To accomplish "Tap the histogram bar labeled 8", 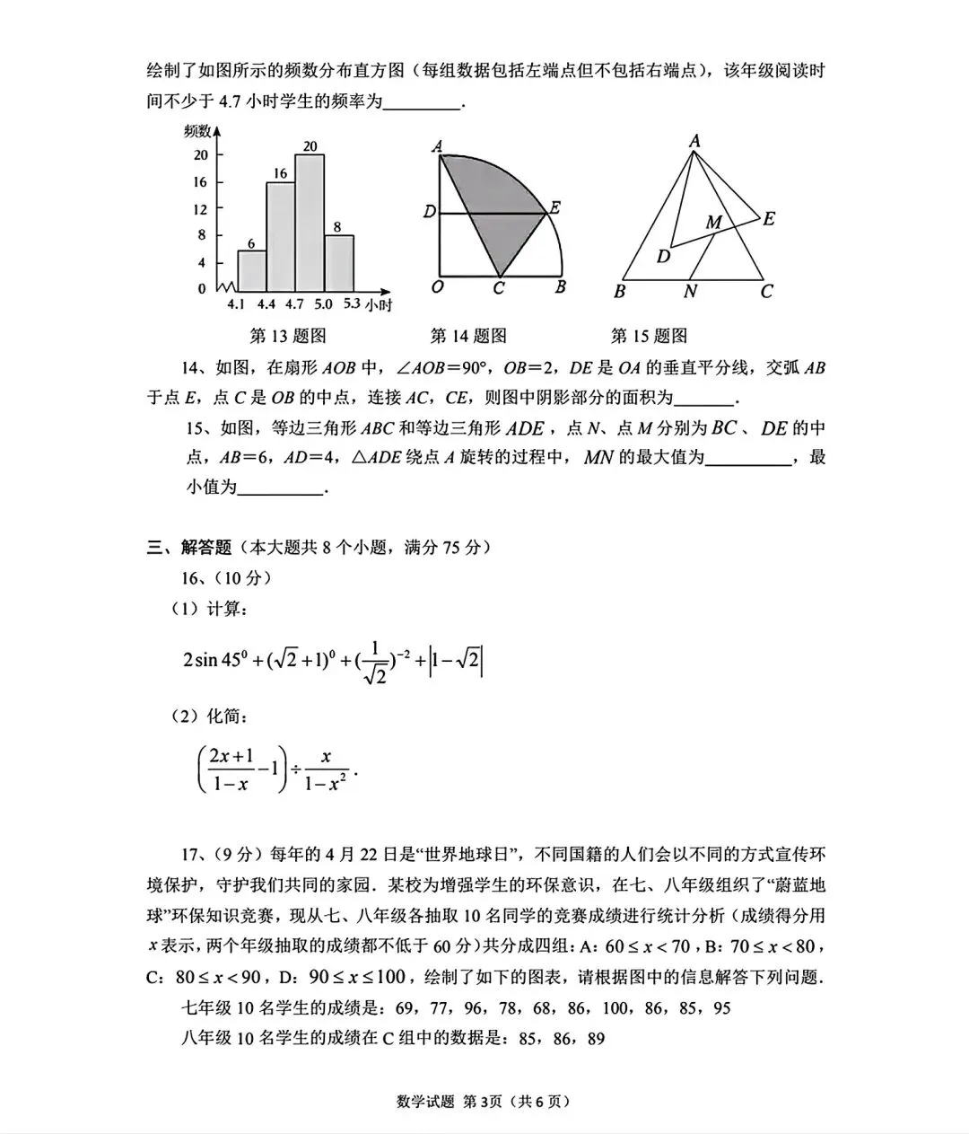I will click(339, 261).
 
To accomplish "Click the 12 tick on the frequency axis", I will click(200, 208).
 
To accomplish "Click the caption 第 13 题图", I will click(287, 336).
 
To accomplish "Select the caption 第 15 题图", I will click(649, 336).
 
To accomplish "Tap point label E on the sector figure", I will click(555, 207).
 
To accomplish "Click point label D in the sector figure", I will click(429, 212).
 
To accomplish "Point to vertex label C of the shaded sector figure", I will click(499, 289).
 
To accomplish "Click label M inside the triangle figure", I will click(712, 222).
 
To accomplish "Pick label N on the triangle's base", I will click(689, 291).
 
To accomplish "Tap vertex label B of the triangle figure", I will click(619, 291).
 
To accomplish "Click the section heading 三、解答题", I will click(189, 547).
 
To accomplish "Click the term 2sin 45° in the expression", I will click(214, 660).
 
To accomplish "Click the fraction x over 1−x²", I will click(325, 770).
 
